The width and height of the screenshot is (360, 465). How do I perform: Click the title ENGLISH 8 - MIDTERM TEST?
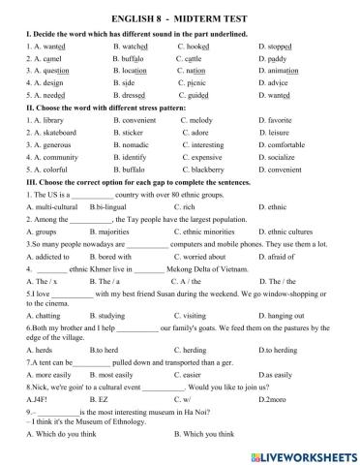(x=181, y=14)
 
